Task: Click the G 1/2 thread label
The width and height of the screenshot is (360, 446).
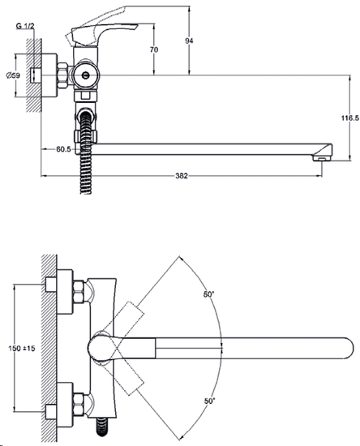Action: click(x=25, y=26)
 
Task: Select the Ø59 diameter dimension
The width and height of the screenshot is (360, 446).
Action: click(x=13, y=75)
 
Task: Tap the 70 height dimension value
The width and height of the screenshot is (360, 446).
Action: click(x=154, y=49)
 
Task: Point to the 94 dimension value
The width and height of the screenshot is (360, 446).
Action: click(x=189, y=41)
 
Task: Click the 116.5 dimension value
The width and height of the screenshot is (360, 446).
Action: click(x=350, y=118)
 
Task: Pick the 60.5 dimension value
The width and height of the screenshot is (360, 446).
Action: click(x=63, y=149)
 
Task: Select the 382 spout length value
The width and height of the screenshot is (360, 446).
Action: click(x=182, y=176)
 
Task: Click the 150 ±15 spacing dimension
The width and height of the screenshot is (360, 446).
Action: click(x=22, y=348)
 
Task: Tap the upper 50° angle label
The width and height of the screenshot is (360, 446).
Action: click(x=208, y=294)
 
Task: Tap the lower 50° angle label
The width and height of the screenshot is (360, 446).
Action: click(x=209, y=401)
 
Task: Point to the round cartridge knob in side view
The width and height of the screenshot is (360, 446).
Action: click(x=85, y=75)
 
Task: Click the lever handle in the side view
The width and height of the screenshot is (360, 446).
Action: click(x=101, y=34)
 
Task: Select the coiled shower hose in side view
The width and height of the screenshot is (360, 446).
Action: click(x=86, y=153)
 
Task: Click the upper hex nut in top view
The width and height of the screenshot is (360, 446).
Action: click(x=78, y=292)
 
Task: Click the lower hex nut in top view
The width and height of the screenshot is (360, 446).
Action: click(x=78, y=405)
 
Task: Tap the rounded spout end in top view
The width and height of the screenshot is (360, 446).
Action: click(x=346, y=348)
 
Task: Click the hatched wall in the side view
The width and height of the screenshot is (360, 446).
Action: click(x=34, y=75)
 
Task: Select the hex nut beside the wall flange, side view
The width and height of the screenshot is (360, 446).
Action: click(x=62, y=75)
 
